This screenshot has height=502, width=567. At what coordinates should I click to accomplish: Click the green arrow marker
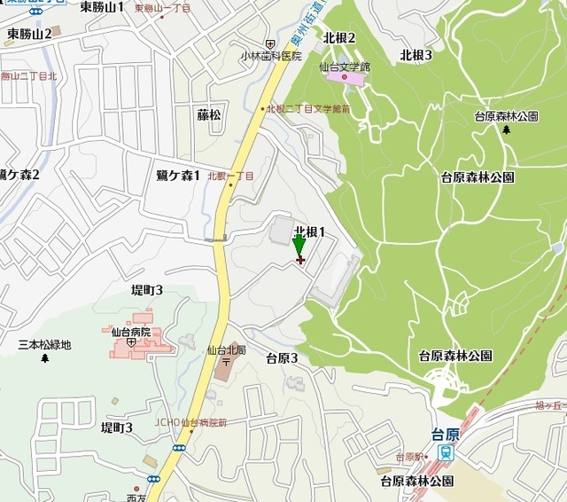tap(299, 244)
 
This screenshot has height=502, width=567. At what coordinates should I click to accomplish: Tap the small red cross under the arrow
tap(300, 260)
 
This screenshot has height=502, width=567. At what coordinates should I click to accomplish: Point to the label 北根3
tap(416, 55)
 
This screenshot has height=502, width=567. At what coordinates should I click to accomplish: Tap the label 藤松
tap(209, 115)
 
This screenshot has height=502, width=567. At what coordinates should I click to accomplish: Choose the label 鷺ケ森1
tap(178, 175)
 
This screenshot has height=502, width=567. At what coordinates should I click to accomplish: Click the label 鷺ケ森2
tap(19, 175)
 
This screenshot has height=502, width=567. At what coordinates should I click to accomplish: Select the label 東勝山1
tap(102, 7)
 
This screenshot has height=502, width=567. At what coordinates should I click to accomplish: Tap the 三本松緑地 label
tap(44, 345)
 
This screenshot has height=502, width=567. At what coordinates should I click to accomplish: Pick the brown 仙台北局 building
tap(221, 368)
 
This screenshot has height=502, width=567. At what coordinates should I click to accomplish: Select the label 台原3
tap(282, 358)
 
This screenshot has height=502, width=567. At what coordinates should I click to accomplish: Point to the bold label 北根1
tap(312, 231)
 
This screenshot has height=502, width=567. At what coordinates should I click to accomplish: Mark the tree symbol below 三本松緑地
tap(44, 358)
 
